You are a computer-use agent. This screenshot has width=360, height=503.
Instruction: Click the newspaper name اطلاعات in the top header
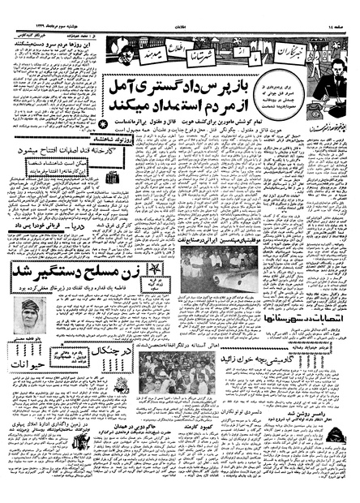tap(180, 6)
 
